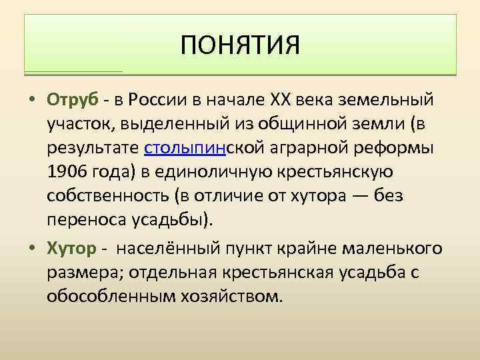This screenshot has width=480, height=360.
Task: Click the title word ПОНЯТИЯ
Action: click(240, 46)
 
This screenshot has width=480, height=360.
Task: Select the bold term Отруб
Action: click(73, 100)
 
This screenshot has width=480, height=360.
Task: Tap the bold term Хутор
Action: click(71, 249)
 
